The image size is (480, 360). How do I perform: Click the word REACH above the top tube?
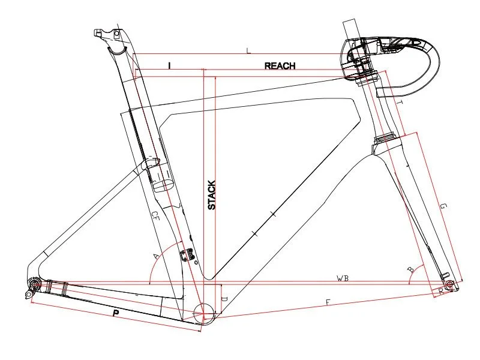(280, 65)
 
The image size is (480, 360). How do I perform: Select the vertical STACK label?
(211, 195)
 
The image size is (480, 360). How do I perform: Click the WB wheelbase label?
(343, 278)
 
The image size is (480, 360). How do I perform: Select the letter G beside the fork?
(443, 207)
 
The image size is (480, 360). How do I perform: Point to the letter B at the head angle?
(410, 271)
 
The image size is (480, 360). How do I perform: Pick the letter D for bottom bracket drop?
(224, 298)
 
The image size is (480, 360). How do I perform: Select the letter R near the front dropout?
(441, 291)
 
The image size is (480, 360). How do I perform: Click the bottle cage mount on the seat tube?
(190, 255)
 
